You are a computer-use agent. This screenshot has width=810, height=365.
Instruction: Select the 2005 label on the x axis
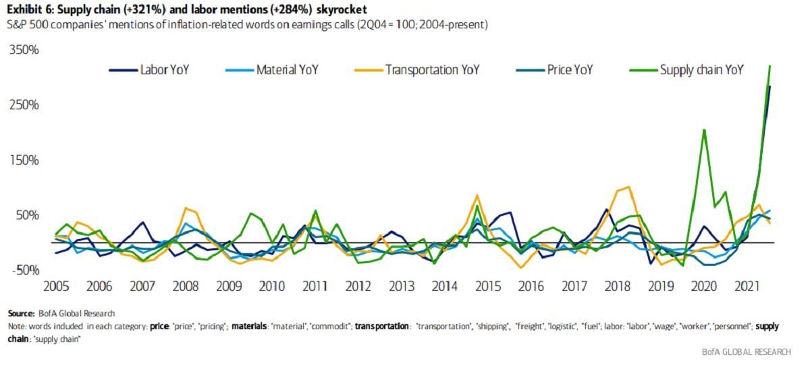pos(57,287)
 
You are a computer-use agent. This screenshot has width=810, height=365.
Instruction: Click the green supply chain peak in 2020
pos(704,130)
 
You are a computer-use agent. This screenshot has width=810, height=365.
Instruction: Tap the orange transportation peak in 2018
pos(628,187)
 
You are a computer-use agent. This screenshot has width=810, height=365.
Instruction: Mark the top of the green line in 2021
pos(770,66)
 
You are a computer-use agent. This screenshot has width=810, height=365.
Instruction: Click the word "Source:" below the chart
pos(21,313)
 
